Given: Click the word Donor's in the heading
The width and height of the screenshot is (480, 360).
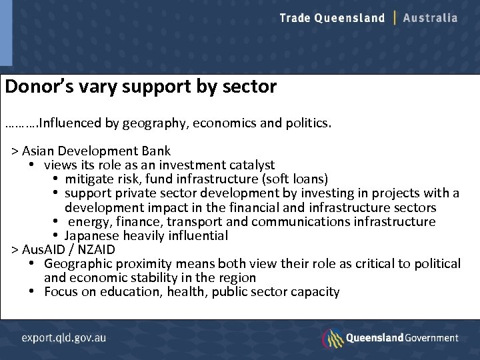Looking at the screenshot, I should [x=35, y=87].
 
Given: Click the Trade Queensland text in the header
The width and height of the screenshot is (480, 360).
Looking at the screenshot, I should [x=332, y=18].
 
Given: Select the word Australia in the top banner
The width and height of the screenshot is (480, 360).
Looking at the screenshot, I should [x=431, y=18].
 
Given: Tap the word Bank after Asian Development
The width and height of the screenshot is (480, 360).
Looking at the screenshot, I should [x=155, y=151].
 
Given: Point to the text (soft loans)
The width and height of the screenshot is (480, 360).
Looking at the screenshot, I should [x=295, y=179].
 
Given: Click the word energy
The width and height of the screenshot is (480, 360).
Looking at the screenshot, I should [x=89, y=221].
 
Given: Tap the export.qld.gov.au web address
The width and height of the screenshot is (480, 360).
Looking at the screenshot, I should [x=63, y=338].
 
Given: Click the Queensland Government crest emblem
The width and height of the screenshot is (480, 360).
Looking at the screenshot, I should [x=332, y=338].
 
